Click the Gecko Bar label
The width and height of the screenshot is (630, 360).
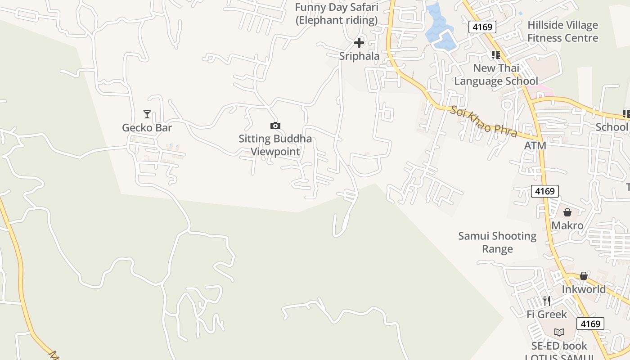[x=147, y=128]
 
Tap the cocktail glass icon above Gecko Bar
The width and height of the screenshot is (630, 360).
[x=147, y=114]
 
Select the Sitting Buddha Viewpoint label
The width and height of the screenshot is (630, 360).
[x=275, y=145]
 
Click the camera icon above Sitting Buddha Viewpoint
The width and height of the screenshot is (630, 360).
[x=275, y=126]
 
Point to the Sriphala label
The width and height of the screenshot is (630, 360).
[x=359, y=56]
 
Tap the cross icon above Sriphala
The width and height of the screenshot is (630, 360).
[x=359, y=43]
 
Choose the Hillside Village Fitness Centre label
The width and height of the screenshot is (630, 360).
[x=562, y=31]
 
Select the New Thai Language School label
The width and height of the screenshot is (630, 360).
[x=496, y=75]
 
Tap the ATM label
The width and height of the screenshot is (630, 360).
[x=535, y=146]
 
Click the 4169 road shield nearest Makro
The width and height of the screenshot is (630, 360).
[x=545, y=191]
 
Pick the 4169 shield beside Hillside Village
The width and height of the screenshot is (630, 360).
[x=482, y=27]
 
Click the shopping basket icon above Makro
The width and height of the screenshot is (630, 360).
[x=567, y=212]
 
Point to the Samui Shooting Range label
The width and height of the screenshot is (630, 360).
[x=497, y=243]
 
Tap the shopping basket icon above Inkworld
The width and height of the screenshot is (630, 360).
[x=584, y=276]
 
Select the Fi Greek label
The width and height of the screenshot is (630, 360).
[x=547, y=314]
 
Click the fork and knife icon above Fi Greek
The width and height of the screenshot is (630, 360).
[x=547, y=301]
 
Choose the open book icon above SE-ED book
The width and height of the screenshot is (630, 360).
[x=559, y=332]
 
